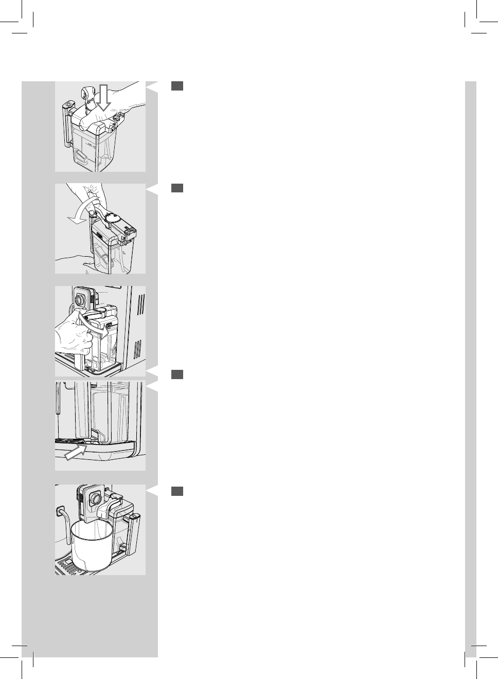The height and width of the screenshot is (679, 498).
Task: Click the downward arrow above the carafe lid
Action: click(x=104, y=99)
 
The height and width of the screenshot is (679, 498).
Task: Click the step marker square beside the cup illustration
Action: click(x=177, y=491)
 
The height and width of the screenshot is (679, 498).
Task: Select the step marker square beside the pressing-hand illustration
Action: click(x=177, y=86)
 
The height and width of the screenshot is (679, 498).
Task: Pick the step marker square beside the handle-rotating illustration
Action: click(x=177, y=188)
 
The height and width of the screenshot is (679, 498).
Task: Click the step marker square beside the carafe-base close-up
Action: click(x=177, y=374)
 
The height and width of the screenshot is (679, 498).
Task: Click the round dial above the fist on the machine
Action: click(x=80, y=299)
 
